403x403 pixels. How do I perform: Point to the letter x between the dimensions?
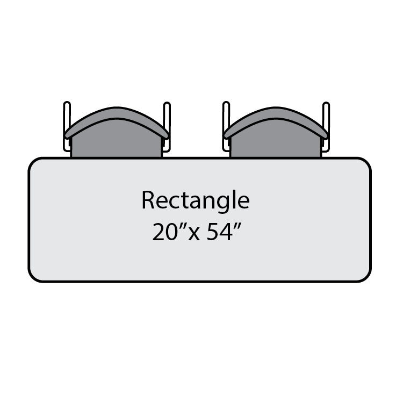(x=194, y=234)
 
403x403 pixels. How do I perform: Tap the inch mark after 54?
(x=238, y=226)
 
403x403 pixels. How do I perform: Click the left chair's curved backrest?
(x=117, y=122)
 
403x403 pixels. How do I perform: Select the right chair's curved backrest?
(x=276, y=122)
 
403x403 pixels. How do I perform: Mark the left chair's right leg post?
(x=167, y=126)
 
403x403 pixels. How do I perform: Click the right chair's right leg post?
(x=326, y=126)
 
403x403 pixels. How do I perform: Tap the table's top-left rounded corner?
(x=33, y=162)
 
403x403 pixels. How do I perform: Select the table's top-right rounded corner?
(x=367, y=162)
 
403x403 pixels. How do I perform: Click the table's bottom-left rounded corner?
(x=33, y=278)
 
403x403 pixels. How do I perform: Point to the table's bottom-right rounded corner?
(x=367, y=278)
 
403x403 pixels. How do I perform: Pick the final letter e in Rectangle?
(x=243, y=202)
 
